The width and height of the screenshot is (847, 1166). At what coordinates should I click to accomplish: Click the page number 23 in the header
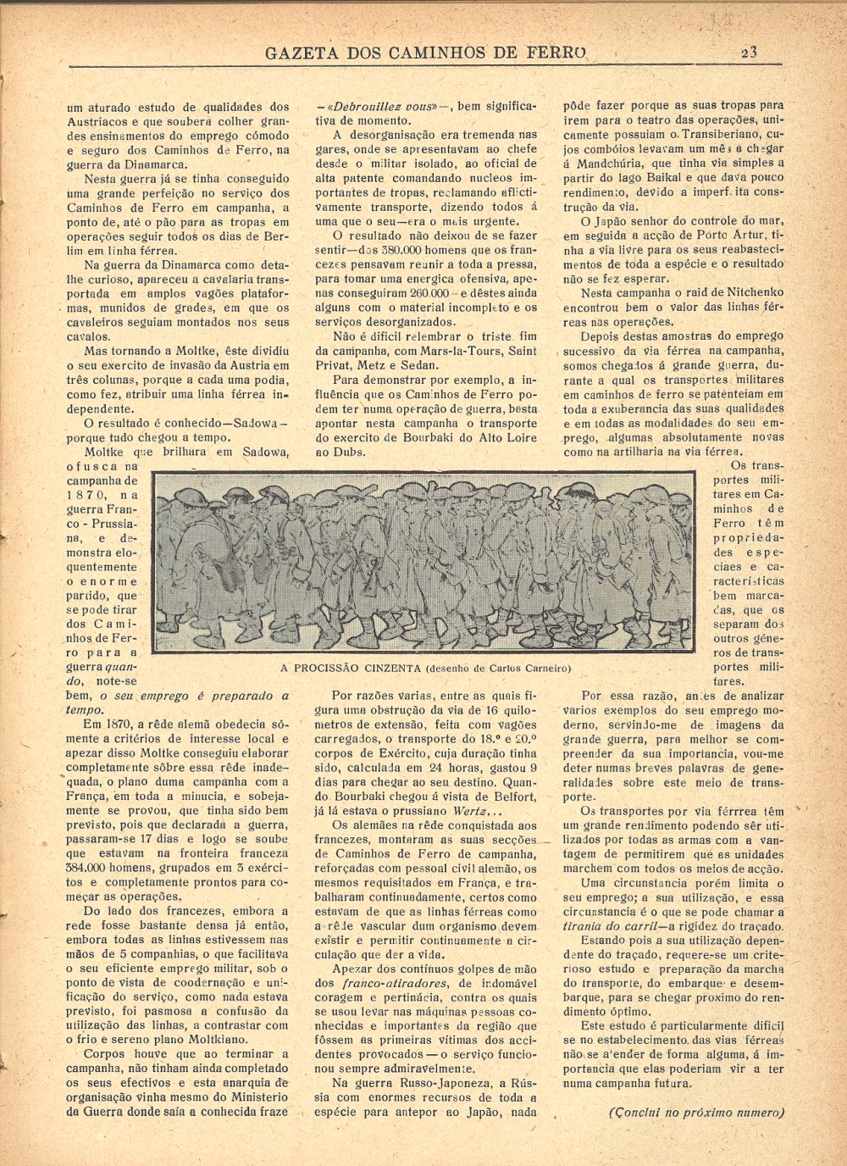click(748, 52)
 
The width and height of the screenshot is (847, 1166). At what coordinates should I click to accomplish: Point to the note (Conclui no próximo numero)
click(697, 1113)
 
